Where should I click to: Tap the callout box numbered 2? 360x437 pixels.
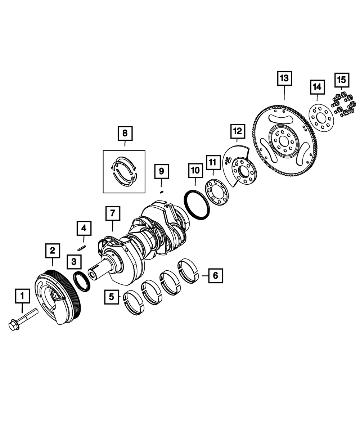click(x=53, y=250)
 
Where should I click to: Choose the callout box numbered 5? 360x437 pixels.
click(x=112, y=297)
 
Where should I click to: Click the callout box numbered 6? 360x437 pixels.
click(x=215, y=276)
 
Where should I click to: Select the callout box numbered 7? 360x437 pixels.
click(x=113, y=214)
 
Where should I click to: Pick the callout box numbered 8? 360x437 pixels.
click(x=125, y=133)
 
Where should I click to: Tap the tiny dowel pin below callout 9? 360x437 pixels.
click(x=162, y=192)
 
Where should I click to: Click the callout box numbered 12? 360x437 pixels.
click(x=238, y=131)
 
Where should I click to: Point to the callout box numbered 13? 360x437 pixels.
click(x=284, y=78)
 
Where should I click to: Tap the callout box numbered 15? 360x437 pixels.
click(x=342, y=80)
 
